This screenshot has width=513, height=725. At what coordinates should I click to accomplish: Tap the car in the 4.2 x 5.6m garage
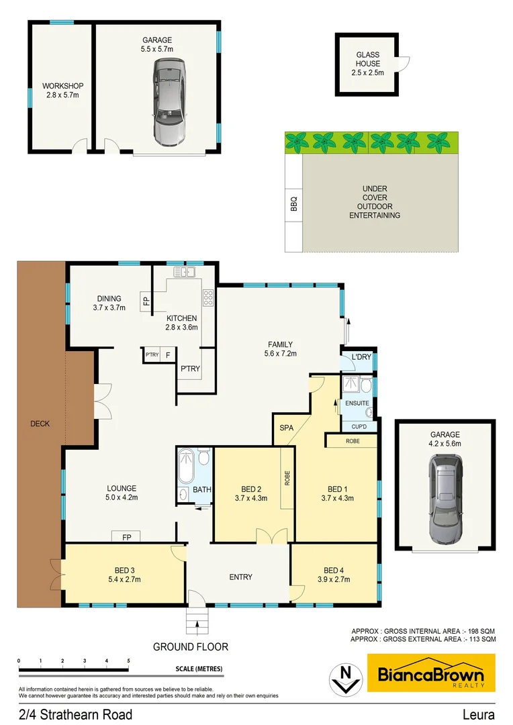coord(445,499)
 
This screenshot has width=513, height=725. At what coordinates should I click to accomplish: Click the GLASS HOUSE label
coord(367,64)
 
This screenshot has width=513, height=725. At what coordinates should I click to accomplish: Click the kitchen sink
coord(183,272)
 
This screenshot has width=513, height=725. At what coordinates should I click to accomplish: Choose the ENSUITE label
coord(357,403)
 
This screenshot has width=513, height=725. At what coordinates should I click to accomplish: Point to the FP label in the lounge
coord(126,536)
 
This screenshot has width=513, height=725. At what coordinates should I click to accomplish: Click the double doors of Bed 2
coord(267,537)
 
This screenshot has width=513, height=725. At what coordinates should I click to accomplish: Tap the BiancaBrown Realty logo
coord(431,673)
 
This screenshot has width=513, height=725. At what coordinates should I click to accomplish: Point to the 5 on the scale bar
coord(128,661)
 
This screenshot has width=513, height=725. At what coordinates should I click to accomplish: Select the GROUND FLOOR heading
coord(191,647)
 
